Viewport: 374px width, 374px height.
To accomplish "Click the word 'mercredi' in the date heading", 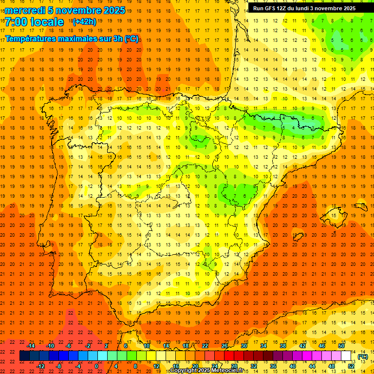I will [x=25, y=10].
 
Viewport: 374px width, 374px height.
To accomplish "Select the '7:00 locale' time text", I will [x=34, y=22].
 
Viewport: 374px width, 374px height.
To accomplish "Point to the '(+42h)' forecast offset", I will [x=84, y=22].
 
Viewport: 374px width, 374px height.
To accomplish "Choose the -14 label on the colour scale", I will [x=31, y=346].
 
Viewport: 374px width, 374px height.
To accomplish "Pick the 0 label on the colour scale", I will [x=96, y=366].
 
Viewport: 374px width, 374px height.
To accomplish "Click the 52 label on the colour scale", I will [x=351, y=366].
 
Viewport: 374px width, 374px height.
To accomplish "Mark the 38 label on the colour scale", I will [x=282, y=346].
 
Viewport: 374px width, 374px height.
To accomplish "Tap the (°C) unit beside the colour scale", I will [x=362, y=356].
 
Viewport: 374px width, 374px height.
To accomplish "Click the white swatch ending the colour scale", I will [x=346, y=356].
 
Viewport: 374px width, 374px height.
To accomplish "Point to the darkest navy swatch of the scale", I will [x=25, y=356].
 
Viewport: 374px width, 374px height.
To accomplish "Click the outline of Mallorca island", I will [x=336, y=215].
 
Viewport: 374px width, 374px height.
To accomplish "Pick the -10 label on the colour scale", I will [x=50, y=346].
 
